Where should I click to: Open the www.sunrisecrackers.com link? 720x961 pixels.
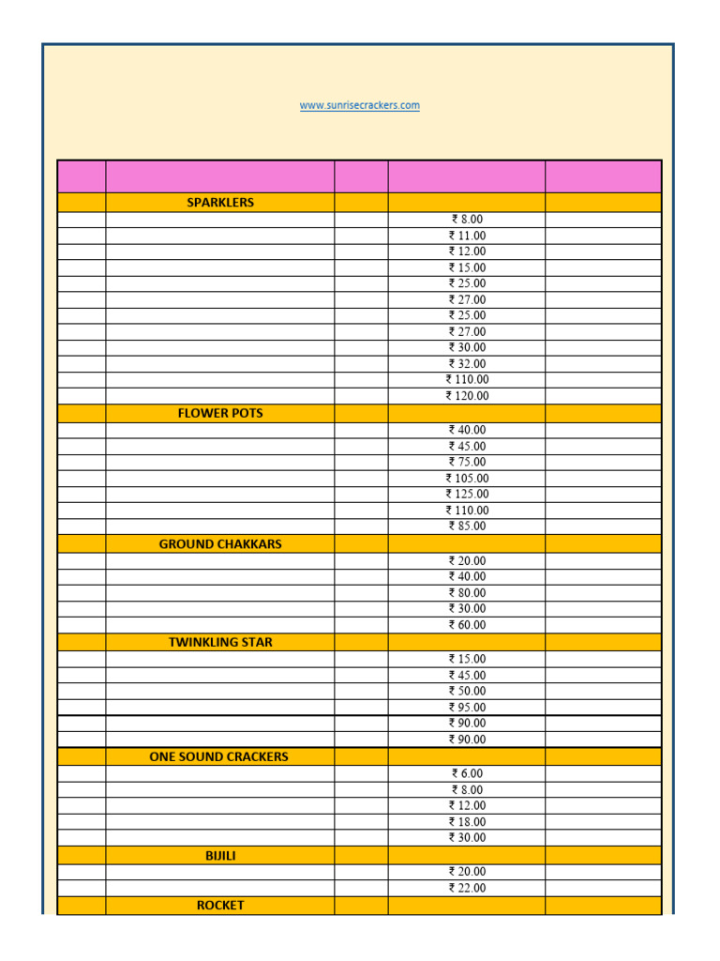click(359, 105)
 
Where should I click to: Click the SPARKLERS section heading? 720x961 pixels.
click(220, 203)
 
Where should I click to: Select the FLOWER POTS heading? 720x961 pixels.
click(220, 413)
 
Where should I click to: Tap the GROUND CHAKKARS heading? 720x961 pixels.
click(220, 543)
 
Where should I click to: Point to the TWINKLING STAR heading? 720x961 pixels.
click(220, 642)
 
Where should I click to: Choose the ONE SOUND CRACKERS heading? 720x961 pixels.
click(219, 756)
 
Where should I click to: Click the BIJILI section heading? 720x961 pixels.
click(220, 856)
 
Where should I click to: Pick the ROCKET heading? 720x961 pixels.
click(220, 905)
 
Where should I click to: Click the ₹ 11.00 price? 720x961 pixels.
click(467, 236)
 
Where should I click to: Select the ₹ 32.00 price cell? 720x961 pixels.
click(467, 363)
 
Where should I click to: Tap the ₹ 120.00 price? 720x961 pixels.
click(467, 396)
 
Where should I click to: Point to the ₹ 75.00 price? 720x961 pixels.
click(467, 462)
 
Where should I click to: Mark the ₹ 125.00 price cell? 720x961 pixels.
click(467, 494)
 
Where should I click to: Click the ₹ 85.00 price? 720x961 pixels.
click(467, 526)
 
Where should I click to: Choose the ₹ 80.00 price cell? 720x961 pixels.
click(467, 593)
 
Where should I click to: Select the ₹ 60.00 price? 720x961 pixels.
click(467, 625)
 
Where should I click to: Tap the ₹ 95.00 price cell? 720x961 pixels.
click(467, 708)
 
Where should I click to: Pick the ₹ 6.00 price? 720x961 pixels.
click(467, 773)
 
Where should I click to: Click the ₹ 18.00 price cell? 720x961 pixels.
click(467, 822)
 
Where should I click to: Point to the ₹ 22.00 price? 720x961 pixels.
click(467, 888)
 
